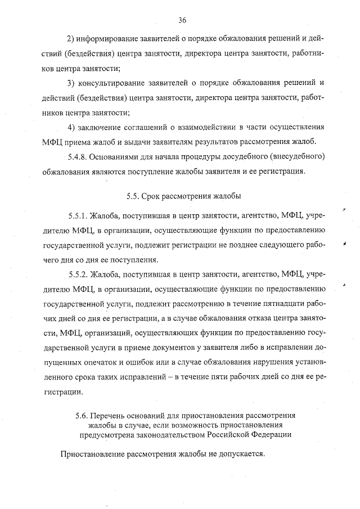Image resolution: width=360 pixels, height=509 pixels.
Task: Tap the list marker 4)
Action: coord(71,125)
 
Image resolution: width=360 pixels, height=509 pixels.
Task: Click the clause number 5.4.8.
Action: coord(78,155)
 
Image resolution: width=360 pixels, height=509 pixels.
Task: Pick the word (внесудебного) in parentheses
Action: coord(299,155)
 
